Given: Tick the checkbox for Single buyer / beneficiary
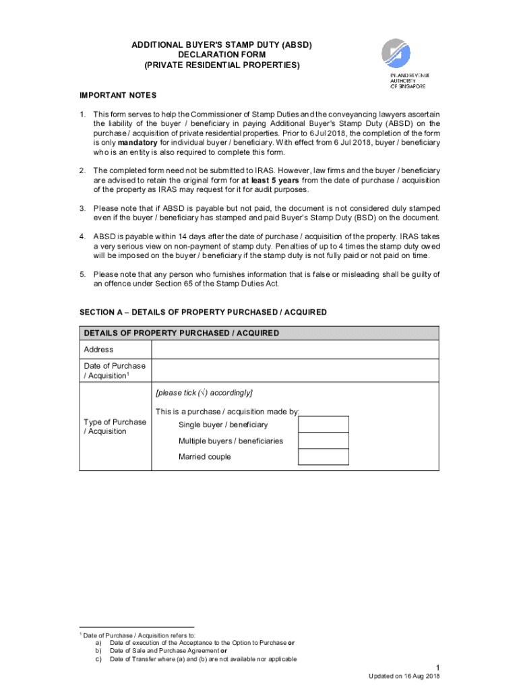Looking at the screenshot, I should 324,425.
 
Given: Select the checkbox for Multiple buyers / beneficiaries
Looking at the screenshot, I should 324,441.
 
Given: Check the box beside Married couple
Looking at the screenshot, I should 324,457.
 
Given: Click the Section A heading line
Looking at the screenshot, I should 203,312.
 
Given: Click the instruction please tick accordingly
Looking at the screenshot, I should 204,392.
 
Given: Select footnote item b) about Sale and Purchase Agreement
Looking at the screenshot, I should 162,651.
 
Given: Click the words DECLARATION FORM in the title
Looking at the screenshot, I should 222,55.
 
